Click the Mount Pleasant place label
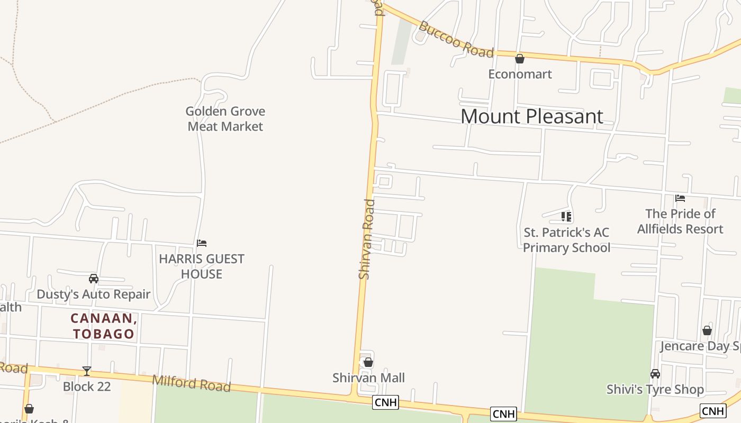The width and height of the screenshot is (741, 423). [531, 116]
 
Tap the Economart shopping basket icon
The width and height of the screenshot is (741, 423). [520, 59]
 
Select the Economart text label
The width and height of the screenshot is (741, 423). [520, 74]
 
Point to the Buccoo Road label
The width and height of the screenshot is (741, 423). [456, 39]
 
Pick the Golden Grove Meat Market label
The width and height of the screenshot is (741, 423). [225, 119]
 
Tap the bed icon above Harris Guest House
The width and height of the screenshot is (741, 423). [202, 243]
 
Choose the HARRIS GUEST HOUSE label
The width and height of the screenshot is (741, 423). [202, 266]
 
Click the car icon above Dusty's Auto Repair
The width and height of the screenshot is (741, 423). [94, 279]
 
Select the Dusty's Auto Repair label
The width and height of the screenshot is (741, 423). [94, 294]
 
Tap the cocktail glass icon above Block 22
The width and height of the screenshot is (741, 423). [87, 371]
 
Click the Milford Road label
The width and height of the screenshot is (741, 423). [192, 383]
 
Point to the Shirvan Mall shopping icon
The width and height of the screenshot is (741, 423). [368, 362]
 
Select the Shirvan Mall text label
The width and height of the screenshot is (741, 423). [368, 378]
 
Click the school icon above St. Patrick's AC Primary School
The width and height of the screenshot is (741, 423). [566, 217]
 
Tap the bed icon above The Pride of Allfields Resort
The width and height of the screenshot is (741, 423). [680, 198]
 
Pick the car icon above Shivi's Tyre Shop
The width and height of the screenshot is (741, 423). [655, 374]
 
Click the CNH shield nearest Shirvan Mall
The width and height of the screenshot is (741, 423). [385, 402]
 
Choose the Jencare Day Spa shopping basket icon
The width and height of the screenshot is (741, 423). [707, 330]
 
